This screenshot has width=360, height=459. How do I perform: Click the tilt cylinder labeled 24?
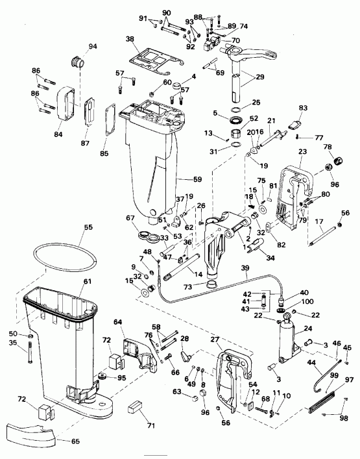[285, 339]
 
